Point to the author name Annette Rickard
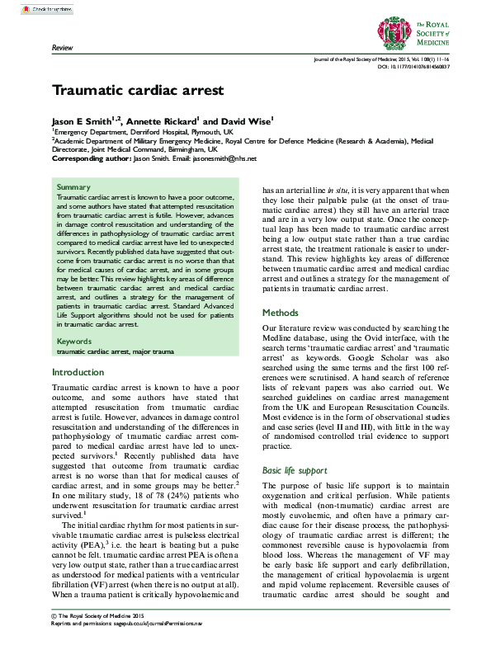click(161, 120)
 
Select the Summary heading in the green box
click(73, 187)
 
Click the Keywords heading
click(75, 340)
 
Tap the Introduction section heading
click(78, 372)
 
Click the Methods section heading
click(280, 313)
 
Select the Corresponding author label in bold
click(91, 158)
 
